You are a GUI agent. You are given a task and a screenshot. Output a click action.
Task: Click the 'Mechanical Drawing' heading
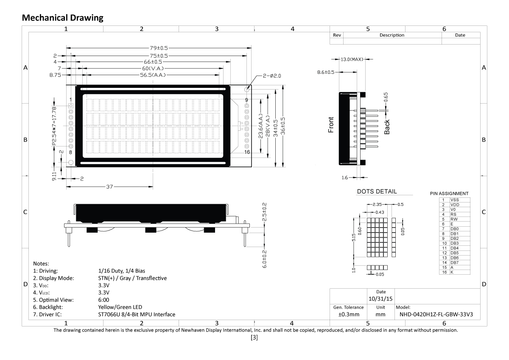pos(62,18)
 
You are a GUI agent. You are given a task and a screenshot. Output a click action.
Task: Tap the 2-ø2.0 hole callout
pos(272,76)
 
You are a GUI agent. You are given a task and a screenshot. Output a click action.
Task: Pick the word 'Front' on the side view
pos(331,125)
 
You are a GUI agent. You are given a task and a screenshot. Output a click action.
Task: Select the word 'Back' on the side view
pos(387,127)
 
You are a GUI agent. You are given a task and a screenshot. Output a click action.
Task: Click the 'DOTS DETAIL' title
pos(377,191)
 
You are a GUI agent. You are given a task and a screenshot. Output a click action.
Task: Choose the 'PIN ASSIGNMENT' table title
pos(449,194)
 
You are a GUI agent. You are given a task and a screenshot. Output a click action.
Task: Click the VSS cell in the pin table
pos(454,200)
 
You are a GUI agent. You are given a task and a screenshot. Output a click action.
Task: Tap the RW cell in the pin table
pos(454,219)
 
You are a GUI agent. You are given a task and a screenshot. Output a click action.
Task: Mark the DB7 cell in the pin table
pos(454,262)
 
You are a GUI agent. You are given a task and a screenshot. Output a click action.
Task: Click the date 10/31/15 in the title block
pos(380,298)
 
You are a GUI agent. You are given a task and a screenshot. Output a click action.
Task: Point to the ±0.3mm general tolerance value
pos(348,315)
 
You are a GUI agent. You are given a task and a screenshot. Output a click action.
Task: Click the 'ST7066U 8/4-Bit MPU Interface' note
pos(137,315)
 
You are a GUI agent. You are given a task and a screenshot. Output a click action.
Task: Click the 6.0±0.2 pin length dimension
pos(264,257)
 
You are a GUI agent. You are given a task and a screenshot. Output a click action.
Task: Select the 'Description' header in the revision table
pos(392,35)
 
